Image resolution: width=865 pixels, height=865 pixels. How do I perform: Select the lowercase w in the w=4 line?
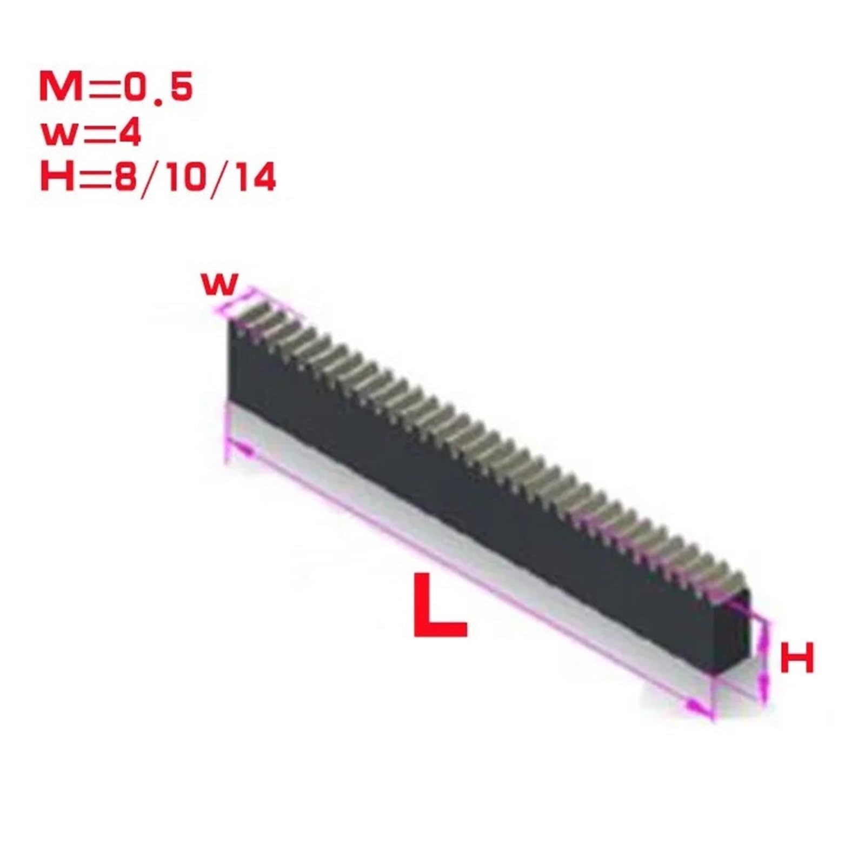(x=58, y=135)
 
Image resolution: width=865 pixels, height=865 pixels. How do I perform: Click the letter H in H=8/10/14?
(x=57, y=178)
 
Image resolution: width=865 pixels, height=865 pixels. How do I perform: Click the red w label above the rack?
(x=219, y=284)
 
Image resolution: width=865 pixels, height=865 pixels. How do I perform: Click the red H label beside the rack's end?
(x=797, y=658)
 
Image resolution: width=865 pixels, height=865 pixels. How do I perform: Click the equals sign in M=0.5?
(x=105, y=89)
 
